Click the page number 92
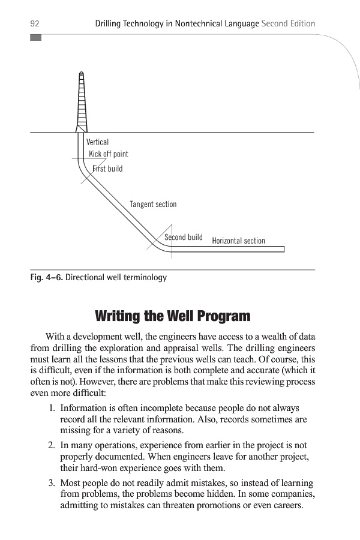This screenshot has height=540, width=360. tap(35, 24)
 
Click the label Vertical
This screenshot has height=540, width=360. tap(98, 143)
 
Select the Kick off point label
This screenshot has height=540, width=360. tap(109, 154)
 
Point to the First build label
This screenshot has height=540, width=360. tap(107, 169)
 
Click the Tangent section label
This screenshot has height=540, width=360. tap(153, 205)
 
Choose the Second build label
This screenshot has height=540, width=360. tap(184, 238)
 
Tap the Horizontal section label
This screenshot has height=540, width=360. tap(238, 241)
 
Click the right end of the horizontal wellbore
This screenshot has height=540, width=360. tap(283, 249)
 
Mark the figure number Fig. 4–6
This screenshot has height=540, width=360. tap(46, 278)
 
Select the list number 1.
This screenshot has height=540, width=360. tap(52, 409)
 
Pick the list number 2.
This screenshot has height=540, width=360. tap(52, 446)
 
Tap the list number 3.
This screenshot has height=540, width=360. tap(52, 484)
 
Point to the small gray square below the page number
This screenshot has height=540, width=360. tap(35, 38)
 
